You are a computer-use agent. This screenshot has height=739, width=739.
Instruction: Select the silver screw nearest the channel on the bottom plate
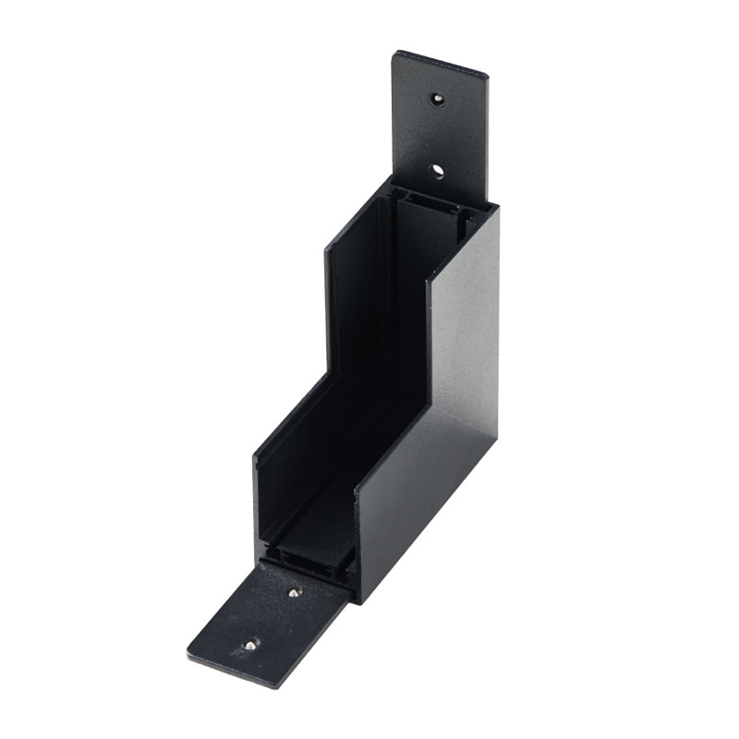[294, 592]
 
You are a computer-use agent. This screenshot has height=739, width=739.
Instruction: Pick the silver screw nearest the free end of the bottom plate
[248, 644]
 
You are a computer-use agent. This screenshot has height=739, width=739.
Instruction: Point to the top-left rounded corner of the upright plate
[395, 54]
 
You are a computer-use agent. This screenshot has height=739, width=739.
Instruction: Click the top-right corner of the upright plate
[487, 72]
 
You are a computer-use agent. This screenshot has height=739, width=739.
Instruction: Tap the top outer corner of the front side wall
[498, 206]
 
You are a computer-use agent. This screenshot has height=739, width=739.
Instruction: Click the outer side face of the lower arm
[406, 517]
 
